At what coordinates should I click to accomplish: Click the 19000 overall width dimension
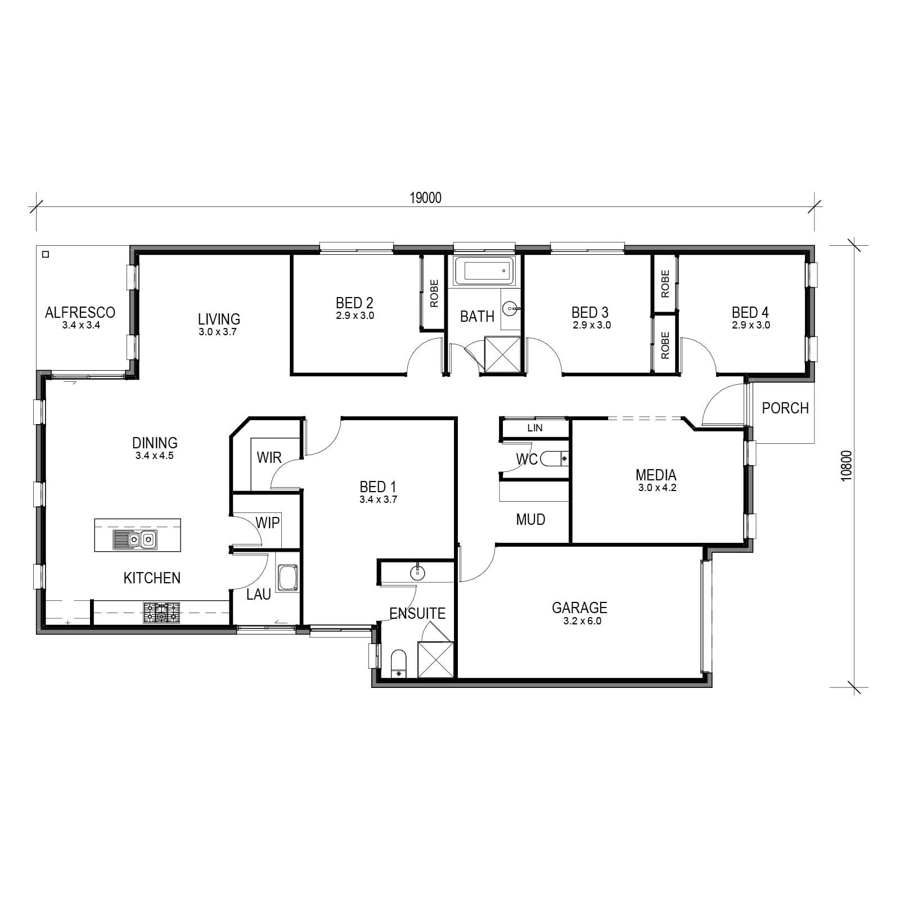point(425,198)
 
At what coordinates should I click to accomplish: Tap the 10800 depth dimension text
point(847,466)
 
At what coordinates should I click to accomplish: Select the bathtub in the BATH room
point(484,271)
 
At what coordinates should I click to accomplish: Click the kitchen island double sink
point(134,539)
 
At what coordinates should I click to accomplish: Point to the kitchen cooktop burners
point(162,613)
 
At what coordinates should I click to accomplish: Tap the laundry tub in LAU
point(287,578)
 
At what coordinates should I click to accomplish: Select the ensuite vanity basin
point(417,573)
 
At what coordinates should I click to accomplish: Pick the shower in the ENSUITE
point(435,659)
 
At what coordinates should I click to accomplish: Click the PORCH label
point(785,408)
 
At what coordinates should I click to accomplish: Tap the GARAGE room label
point(579,607)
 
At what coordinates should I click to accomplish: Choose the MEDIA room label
point(656,475)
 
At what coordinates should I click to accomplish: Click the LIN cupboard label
point(535,428)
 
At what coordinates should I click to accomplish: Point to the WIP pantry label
point(268,523)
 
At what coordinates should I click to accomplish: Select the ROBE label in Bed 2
point(434,294)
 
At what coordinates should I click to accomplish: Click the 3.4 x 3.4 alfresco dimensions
point(81,325)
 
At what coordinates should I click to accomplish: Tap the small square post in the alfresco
point(46,254)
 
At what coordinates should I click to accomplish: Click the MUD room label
point(530,519)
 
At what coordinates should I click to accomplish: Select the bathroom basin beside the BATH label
point(511,308)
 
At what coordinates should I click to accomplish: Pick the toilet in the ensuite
point(398,664)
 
